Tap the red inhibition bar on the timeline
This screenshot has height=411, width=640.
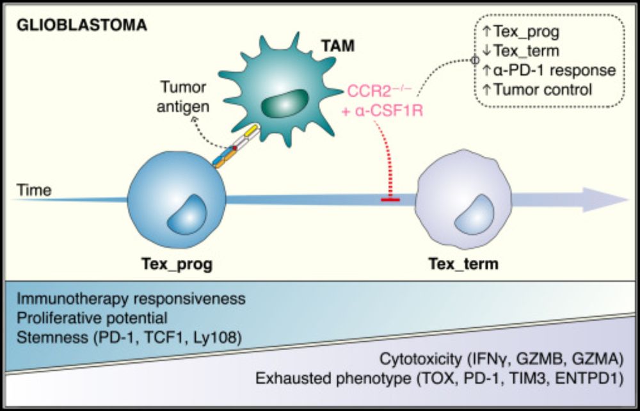(x=390, y=200)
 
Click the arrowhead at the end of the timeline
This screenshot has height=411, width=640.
(x=614, y=199)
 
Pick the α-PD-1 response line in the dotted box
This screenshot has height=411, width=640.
(x=548, y=70)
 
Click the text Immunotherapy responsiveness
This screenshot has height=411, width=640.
(x=131, y=299)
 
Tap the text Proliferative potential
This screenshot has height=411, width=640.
(x=92, y=318)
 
